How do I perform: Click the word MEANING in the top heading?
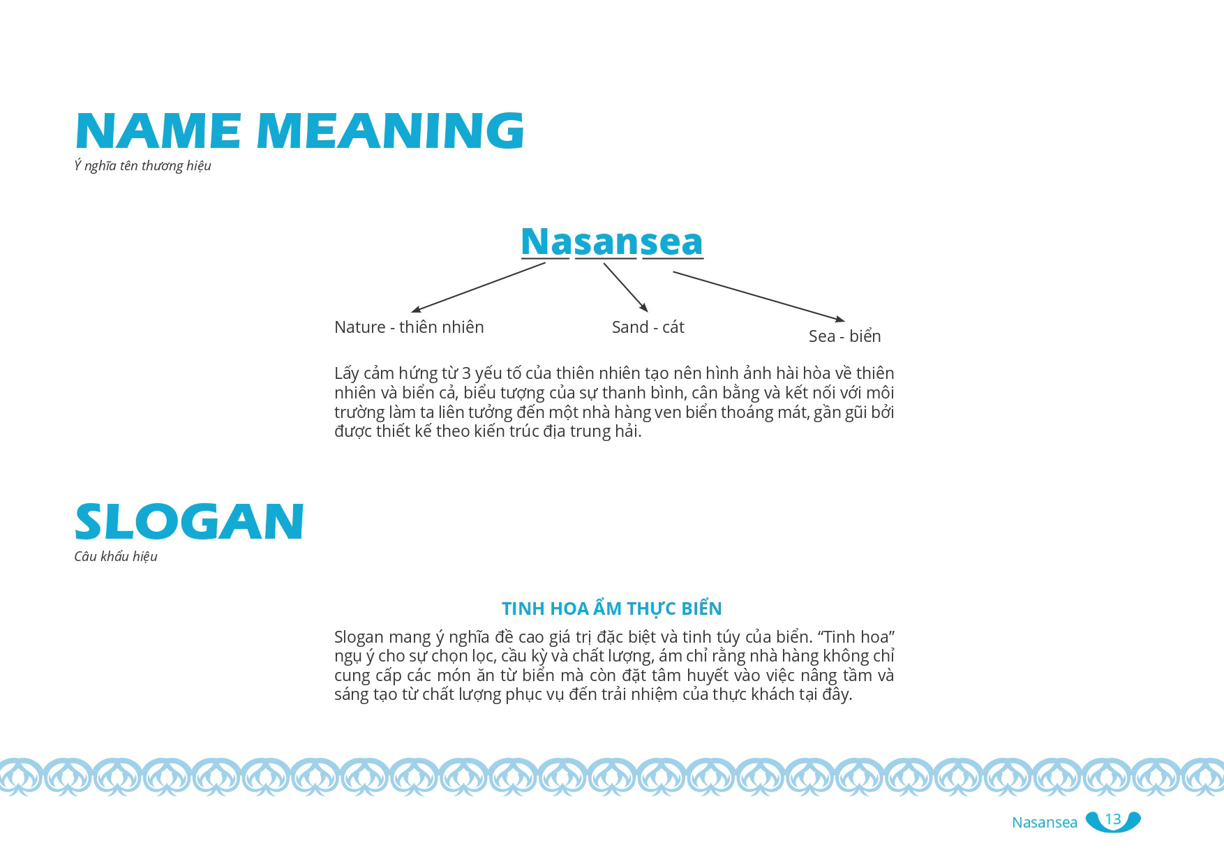click(391, 130)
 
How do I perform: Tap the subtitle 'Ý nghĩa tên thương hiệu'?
click(142, 166)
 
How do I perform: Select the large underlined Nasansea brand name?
click(612, 241)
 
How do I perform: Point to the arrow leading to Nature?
click(478, 287)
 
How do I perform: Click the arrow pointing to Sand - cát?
click(626, 288)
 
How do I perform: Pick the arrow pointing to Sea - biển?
click(759, 297)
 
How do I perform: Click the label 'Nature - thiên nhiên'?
click(409, 327)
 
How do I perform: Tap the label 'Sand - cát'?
click(648, 327)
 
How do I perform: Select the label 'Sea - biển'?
click(844, 336)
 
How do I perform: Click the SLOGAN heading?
click(189, 521)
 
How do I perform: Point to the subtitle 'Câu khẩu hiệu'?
click(116, 557)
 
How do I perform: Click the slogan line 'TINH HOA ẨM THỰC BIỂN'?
click(611, 609)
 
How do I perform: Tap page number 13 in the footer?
click(1113, 819)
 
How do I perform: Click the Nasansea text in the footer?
click(1045, 822)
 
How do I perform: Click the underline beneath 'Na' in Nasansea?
click(545, 259)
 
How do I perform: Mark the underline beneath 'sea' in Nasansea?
click(673, 259)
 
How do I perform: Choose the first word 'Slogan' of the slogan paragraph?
click(359, 637)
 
